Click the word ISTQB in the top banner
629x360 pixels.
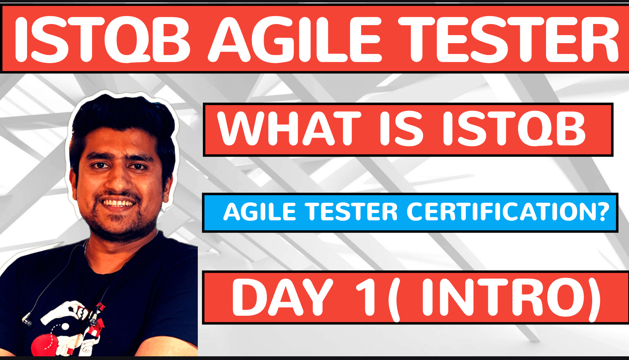coord(101,39)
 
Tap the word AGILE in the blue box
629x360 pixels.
coord(260,212)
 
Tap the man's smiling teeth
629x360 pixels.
coord(118,203)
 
